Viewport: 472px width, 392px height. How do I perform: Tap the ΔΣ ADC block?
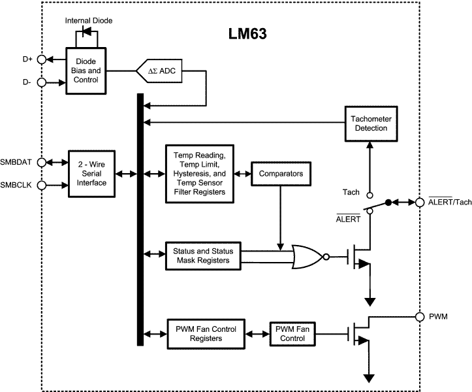point(161,70)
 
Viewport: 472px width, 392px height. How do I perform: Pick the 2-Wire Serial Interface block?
point(91,174)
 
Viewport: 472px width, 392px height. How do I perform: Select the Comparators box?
point(281,174)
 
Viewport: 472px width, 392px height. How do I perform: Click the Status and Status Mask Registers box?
point(202,255)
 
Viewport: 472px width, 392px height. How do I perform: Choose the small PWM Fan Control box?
point(291,333)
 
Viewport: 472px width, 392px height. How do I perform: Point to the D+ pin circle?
point(41,59)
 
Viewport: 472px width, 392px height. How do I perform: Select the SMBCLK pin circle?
point(41,185)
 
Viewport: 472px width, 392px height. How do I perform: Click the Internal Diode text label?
point(89,21)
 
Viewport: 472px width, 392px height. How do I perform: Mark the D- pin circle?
point(41,82)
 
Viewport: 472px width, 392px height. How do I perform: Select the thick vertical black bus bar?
point(140,219)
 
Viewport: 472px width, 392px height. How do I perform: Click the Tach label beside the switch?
point(351,192)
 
